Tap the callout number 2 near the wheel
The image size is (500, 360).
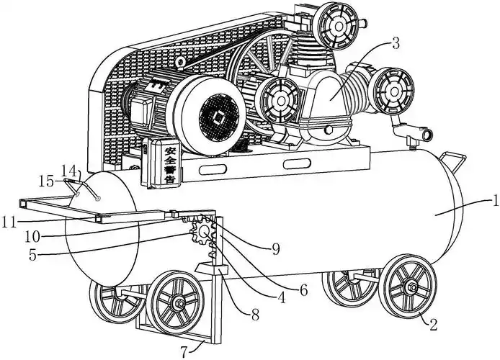433,323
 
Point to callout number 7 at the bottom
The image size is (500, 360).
185,352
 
